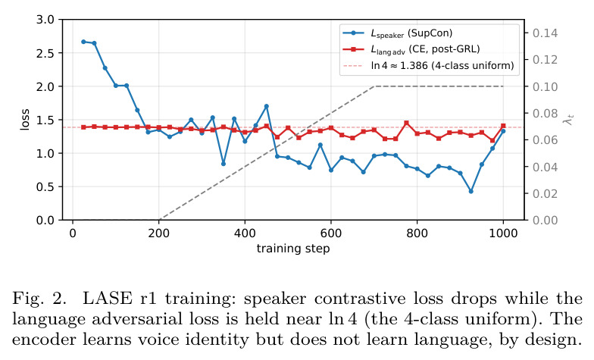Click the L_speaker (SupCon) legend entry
pyautogui.click(x=397, y=33)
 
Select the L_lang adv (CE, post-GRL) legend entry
pyautogui.click(x=411, y=49)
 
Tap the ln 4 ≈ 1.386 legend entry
pyautogui.click(x=429, y=65)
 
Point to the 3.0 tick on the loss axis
pyautogui.click(x=45, y=20)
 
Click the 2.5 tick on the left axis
pyautogui.click(x=45, y=53)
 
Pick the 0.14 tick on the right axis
pyautogui.click(x=546, y=33)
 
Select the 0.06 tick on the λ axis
pyautogui.click(x=546, y=140)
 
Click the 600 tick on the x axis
pyautogui.click(x=331, y=233)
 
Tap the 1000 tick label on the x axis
pyautogui.click(x=503, y=233)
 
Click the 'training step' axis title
pyautogui.click(x=293, y=249)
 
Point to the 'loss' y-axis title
pyautogui.click(x=24, y=120)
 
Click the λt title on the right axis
pyautogui.click(x=568, y=120)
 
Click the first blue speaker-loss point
pyautogui.click(x=83, y=42)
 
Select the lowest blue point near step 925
pyautogui.click(x=471, y=191)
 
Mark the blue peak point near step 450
pyautogui.click(x=267, y=106)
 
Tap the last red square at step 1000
pyautogui.click(x=503, y=126)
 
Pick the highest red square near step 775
pyautogui.click(x=406, y=123)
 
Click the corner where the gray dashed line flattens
pyautogui.click(x=374, y=86)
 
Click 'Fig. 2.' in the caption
pyautogui.click(x=39, y=299)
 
